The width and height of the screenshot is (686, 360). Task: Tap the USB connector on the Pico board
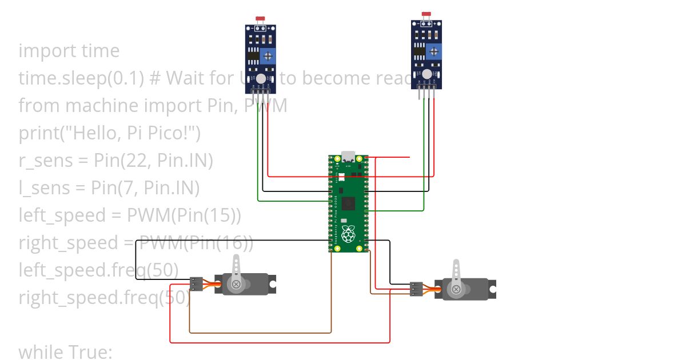tap(348, 156)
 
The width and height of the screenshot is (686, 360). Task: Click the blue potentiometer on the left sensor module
tap(266, 56)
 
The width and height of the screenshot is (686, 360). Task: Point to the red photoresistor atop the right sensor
tap(425, 14)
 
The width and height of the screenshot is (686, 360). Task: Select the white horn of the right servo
tap(456, 278)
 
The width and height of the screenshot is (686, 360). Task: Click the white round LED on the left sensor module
tap(261, 78)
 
